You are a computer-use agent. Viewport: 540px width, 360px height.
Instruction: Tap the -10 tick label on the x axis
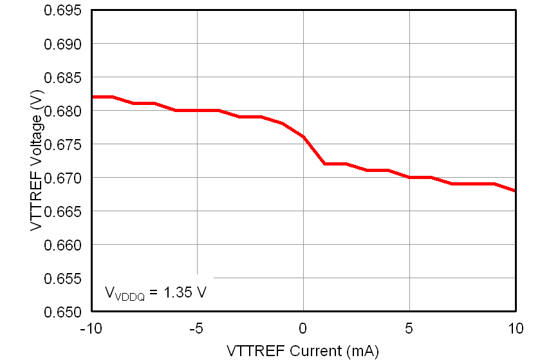pyautogui.click(x=90, y=328)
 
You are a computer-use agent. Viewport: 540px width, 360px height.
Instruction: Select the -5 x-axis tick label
pyautogui.click(x=197, y=328)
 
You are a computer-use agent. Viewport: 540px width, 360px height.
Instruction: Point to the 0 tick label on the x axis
pyautogui.click(x=303, y=328)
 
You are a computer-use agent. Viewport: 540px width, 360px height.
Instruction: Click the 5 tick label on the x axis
pyautogui.click(x=409, y=328)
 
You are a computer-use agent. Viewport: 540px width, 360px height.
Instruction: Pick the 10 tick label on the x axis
pyautogui.click(x=516, y=328)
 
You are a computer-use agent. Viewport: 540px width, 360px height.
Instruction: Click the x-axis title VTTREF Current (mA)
pyautogui.click(x=303, y=351)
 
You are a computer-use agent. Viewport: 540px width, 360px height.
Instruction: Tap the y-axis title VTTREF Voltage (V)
pyautogui.click(x=35, y=161)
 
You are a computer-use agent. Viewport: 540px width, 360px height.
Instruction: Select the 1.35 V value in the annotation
pyautogui.click(x=185, y=292)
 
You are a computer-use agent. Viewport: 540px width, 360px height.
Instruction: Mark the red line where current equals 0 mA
pyautogui.click(x=303, y=137)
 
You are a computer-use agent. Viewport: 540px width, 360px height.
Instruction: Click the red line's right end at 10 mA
pyautogui.click(x=515, y=191)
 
